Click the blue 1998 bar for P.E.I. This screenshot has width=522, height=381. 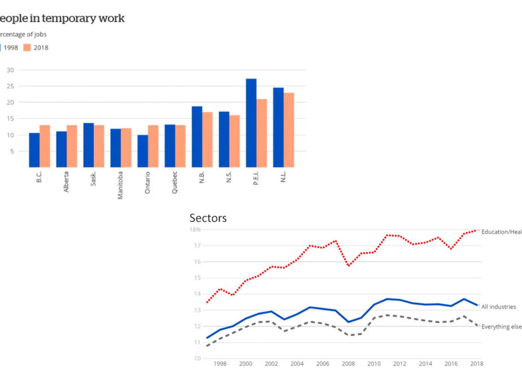click(251, 123)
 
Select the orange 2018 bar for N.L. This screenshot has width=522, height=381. click(289, 130)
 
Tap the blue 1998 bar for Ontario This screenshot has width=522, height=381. click(143, 151)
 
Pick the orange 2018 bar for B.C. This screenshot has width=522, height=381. click(45, 146)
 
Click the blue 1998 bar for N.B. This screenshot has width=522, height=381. click(197, 137)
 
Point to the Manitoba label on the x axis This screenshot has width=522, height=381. click(120, 185)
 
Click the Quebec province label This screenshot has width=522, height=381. click(174, 183)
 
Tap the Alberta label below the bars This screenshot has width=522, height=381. click(66, 182)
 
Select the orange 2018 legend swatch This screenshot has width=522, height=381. click(27, 48)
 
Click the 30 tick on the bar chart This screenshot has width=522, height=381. click(10, 70)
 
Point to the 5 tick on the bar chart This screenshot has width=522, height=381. click(12, 151)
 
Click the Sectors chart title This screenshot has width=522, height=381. click(208, 218)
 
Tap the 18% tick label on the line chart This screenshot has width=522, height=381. click(195, 230)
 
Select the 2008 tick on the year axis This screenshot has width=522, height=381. click(348, 364)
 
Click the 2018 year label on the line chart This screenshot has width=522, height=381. click(477, 364)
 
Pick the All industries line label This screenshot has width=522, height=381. click(498, 307)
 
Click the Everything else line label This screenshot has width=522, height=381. click(501, 327)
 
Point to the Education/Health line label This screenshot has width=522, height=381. click(501, 232)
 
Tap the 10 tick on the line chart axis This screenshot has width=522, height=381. click(197, 358)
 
